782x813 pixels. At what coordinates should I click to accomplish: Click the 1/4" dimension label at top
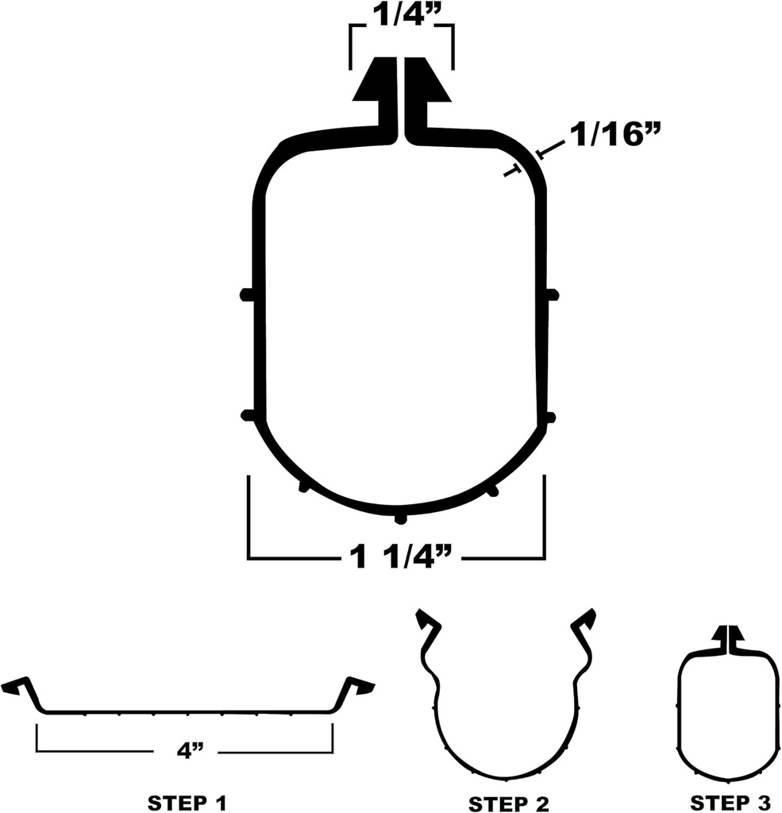tap(401, 15)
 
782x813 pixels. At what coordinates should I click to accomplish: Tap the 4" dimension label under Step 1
tap(184, 752)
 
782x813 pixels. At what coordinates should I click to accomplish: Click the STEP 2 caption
tap(508, 803)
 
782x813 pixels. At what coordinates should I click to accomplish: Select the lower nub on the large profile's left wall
tap(246, 415)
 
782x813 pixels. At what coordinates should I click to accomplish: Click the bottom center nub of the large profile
tap(401, 519)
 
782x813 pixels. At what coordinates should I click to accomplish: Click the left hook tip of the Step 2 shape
tap(426, 620)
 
